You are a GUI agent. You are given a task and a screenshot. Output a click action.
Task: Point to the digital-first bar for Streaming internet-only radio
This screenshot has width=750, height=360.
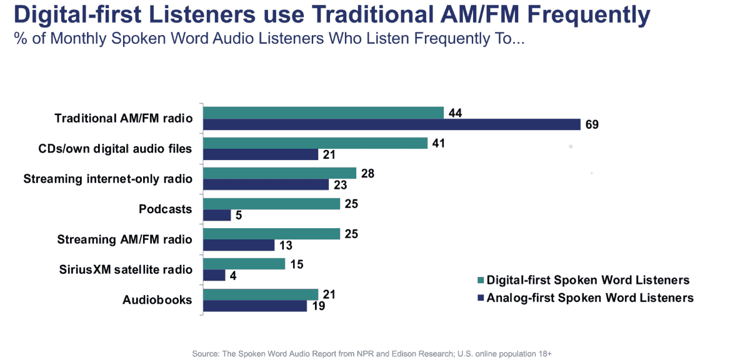[x=280, y=172]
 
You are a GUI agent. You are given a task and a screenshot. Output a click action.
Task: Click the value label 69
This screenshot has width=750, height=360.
[x=592, y=124]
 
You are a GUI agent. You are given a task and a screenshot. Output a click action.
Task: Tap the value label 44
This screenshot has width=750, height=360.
[x=454, y=112]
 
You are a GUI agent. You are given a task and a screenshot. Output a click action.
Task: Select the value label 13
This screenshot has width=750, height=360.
[x=285, y=245]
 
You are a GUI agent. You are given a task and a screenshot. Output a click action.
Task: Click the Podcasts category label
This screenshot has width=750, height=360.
[x=165, y=209]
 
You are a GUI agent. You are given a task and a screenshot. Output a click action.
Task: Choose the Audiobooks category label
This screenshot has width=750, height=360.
[x=157, y=300]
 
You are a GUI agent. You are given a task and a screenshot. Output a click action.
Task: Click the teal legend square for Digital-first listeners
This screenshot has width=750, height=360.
[x=480, y=280]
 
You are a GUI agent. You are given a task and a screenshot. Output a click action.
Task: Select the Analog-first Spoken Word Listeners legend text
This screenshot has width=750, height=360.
[x=590, y=298]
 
